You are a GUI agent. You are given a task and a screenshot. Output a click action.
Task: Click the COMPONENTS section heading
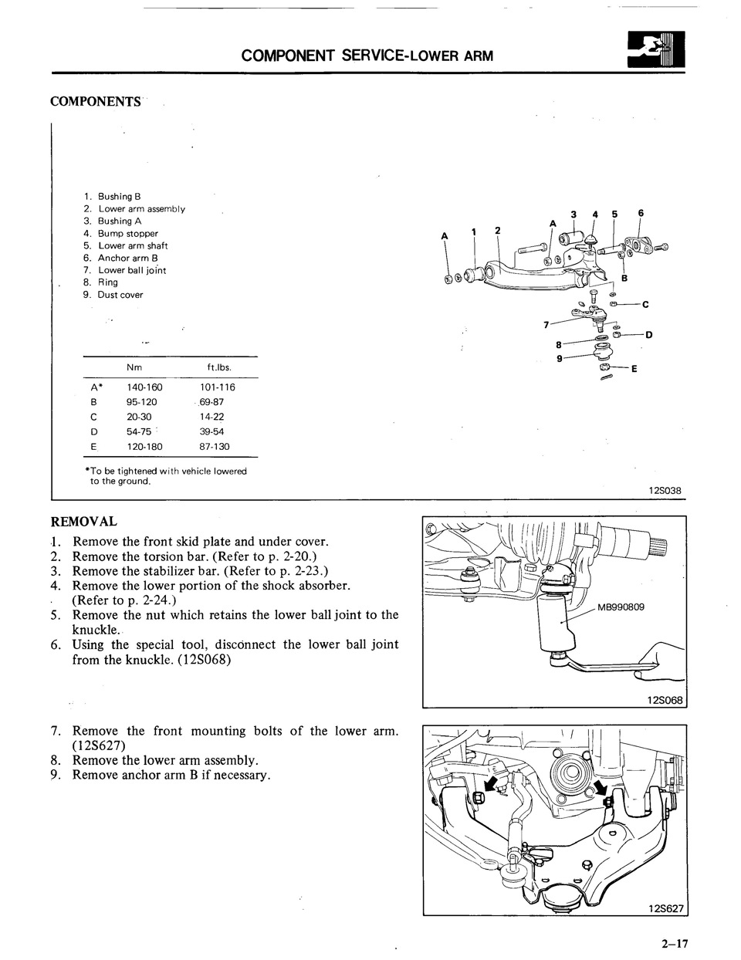(x=95, y=102)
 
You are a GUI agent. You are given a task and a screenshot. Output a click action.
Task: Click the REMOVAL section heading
(x=83, y=522)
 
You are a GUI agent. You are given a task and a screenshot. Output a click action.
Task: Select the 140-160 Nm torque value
(x=144, y=387)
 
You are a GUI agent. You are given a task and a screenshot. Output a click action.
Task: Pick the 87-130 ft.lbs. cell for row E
(x=214, y=446)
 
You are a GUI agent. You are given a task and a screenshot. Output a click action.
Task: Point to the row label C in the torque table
(x=93, y=417)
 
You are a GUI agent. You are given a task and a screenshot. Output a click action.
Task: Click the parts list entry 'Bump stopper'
(x=127, y=233)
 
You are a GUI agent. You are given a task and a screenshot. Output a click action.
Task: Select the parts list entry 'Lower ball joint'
(x=131, y=270)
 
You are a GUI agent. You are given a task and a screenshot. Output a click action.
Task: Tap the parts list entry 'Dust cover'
(x=120, y=295)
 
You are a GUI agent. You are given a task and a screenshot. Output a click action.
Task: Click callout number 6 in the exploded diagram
(x=641, y=214)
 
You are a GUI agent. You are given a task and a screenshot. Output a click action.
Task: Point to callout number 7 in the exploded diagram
(x=546, y=324)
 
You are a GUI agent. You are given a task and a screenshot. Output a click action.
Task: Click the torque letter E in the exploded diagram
(x=634, y=369)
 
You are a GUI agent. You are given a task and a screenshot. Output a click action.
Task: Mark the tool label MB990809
(x=621, y=607)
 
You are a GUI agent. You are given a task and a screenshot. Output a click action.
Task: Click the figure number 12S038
(x=665, y=490)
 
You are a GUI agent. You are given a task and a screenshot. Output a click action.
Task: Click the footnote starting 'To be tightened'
(x=166, y=475)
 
